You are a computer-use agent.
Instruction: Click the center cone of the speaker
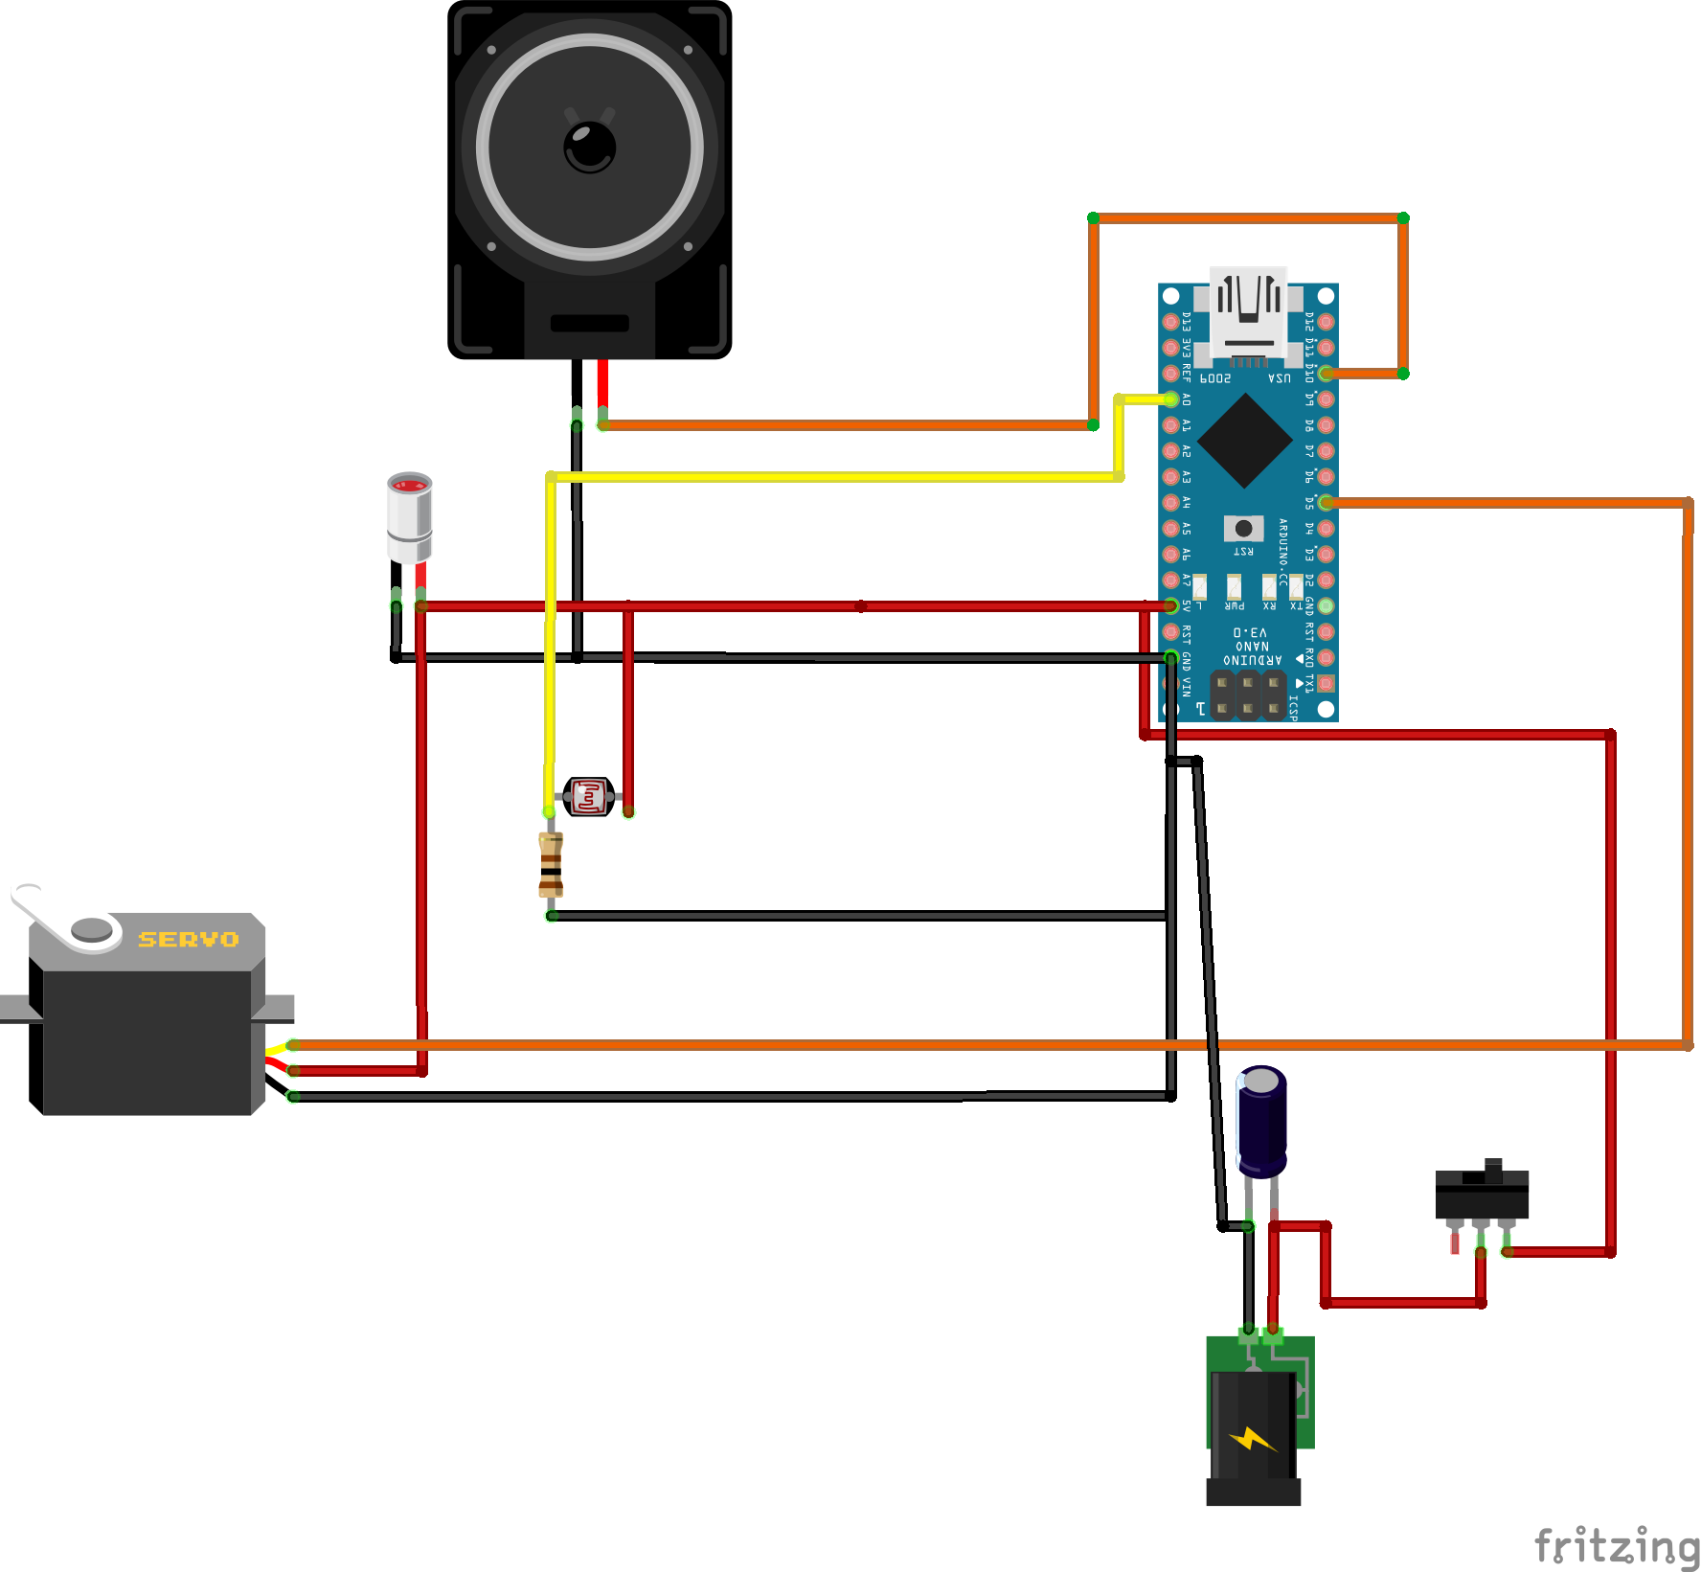click(590, 147)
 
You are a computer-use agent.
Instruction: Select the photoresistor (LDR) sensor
click(588, 797)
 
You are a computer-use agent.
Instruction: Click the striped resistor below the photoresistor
click(551, 864)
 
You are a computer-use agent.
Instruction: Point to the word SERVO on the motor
click(189, 940)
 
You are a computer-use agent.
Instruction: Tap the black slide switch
click(1482, 1193)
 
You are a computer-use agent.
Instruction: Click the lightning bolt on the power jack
click(1252, 1439)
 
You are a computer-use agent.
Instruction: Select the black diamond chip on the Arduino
click(1244, 441)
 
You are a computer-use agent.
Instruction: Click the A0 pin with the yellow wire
click(1170, 399)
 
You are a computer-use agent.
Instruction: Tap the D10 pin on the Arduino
click(1326, 374)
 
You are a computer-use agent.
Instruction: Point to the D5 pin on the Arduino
click(1326, 502)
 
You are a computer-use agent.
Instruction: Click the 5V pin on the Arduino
click(1170, 605)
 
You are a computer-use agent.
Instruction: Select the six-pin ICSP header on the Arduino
click(1247, 695)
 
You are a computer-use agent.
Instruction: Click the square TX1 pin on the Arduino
click(1326, 683)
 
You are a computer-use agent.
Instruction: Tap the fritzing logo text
click(1616, 1544)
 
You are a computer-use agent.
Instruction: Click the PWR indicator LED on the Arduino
click(1235, 585)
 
